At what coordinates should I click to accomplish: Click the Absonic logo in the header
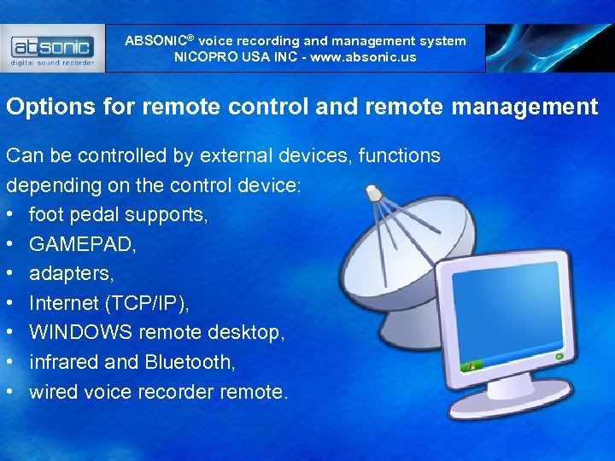tap(53, 48)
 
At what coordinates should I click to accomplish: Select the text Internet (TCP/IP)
tap(109, 303)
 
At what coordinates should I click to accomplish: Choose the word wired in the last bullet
tap(51, 392)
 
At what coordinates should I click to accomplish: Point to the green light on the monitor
tap(559, 356)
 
